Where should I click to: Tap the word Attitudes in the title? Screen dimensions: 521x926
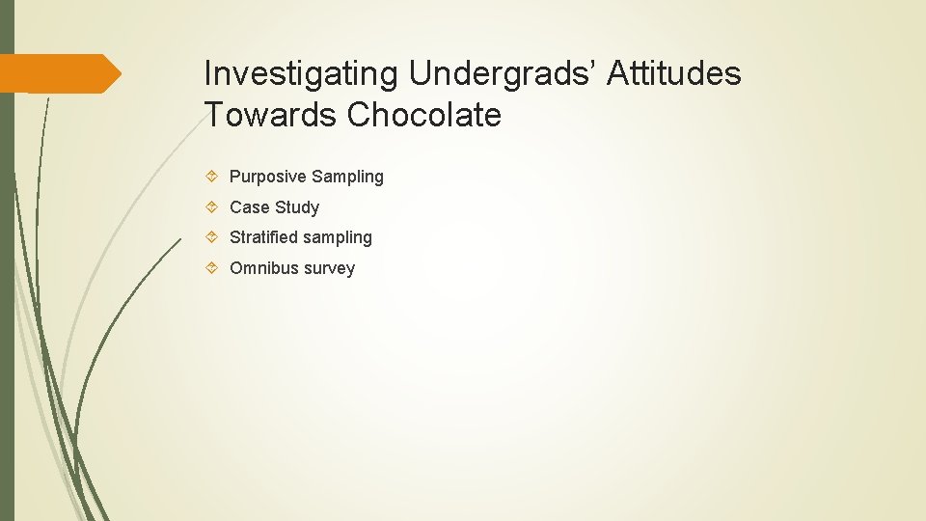[674, 74]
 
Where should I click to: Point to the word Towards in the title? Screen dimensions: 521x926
[271, 116]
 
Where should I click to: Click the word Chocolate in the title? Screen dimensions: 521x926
[424, 116]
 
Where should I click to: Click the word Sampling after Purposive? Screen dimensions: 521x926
[348, 177]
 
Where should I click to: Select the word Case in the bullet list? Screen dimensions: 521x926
[250, 207]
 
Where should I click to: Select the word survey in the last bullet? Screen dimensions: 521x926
[330, 268]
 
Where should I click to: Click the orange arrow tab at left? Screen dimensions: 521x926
[58, 73]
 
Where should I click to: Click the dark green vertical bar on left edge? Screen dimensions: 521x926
[7, 289]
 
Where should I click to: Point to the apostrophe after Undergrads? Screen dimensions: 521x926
[598, 64]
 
